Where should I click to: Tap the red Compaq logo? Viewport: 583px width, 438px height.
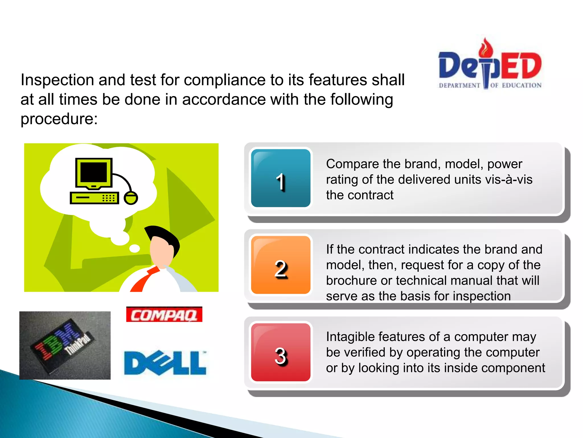tap(164, 315)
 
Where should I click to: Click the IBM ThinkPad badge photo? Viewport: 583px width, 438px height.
tap(65, 345)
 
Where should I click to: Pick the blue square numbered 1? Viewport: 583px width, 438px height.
tap(281, 178)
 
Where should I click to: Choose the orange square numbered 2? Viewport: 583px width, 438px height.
tap(281, 265)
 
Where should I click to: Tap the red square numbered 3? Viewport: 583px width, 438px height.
tap(281, 352)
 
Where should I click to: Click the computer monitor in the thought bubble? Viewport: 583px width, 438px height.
tap(94, 173)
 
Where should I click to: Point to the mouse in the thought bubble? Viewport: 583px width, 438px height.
tap(131, 198)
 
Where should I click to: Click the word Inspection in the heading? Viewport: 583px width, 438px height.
tap(57, 80)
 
